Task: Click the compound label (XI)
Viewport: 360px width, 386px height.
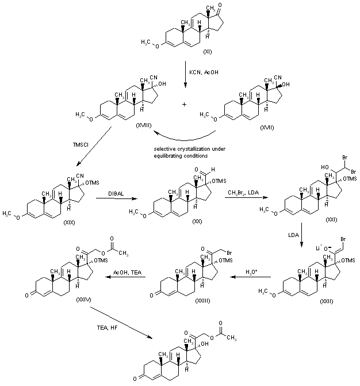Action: point(207,52)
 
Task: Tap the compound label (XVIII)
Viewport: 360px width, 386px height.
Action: point(144,124)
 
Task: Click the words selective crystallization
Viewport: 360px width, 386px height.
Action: point(183,149)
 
